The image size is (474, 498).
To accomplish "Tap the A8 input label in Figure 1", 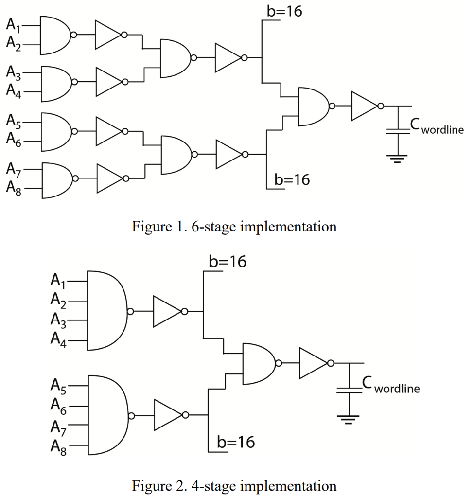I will click(x=14, y=189).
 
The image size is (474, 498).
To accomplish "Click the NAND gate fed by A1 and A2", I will click(x=55, y=35).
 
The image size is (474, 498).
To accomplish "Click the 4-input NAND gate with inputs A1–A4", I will click(x=106, y=311).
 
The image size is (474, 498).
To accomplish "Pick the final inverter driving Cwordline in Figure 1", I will click(x=365, y=106).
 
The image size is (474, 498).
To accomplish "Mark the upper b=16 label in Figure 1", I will click(x=284, y=11).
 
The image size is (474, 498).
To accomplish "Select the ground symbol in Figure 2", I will click(x=349, y=419).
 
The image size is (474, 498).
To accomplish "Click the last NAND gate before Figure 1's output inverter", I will click(x=314, y=106).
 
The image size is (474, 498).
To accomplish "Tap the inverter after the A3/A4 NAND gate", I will click(x=110, y=82).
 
